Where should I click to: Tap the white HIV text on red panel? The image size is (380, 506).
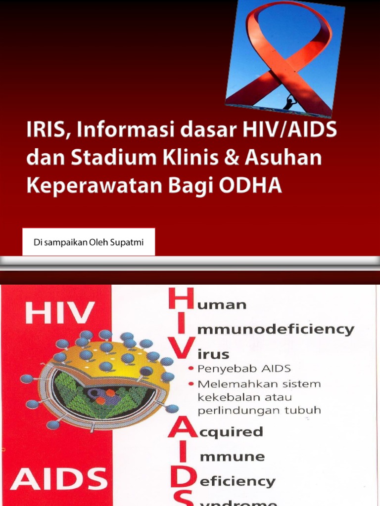point(60,313)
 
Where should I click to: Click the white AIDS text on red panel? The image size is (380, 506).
point(59,480)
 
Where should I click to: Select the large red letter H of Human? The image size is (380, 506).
point(181,302)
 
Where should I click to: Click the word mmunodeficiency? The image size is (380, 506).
point(277,330)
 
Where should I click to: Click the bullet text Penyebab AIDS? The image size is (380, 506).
point(243,369)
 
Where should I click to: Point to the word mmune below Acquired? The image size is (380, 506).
point(225,457)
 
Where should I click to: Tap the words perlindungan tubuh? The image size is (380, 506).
point(259,410)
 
